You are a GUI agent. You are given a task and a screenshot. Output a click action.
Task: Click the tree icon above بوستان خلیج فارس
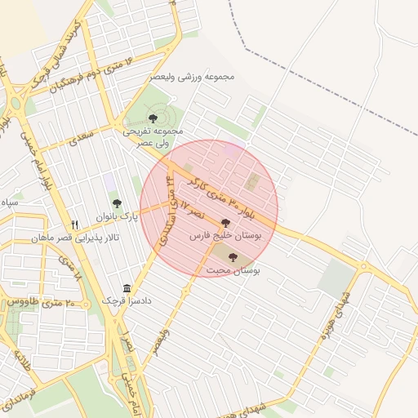tap(225, 222)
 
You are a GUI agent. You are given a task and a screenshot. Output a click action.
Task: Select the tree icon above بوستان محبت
tap(233, 258)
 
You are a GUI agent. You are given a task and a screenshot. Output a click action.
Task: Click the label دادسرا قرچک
tap(127, 301)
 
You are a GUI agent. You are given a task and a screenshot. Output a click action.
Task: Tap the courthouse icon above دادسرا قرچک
tap(127, 288)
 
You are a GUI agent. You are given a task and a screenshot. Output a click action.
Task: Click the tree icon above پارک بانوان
tap(116, 202)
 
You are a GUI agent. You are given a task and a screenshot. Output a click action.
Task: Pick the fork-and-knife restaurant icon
tap(74, 225)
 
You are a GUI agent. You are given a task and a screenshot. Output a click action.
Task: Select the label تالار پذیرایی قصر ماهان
tap(76, 238)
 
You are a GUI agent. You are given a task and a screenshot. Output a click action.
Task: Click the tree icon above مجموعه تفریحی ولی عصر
tap(153, 118)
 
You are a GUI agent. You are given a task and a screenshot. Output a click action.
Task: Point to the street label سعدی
tap(83, 136)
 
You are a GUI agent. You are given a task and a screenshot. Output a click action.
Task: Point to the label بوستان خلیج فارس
tap(224, 235)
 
